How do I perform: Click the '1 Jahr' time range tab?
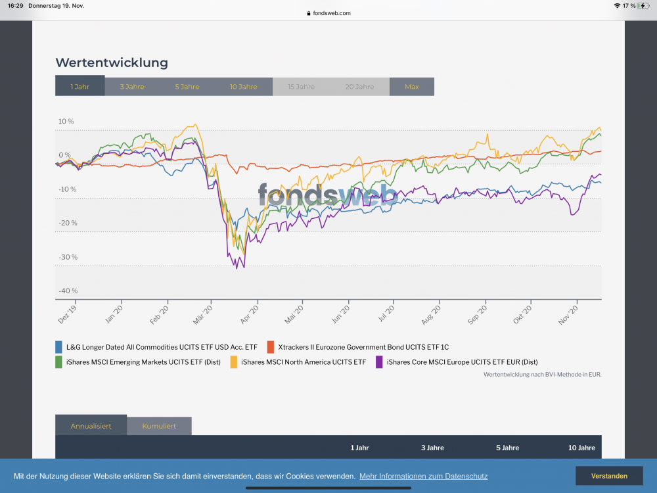(80, 87)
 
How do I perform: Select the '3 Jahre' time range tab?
(132, 87)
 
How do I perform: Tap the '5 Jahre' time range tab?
(187, 87)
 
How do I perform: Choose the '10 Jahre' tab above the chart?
(244, 87)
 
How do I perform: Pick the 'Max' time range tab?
(412, 87)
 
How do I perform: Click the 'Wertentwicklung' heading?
(112, 63)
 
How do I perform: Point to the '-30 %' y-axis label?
(68, 257)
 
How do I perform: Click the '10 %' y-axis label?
(66, 122)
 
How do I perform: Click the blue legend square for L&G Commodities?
(59, 346)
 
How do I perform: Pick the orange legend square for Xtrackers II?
(271, 346)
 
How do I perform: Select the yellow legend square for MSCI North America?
(234, 362)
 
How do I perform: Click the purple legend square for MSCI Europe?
(379, 362)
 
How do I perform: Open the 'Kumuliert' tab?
(159, 426)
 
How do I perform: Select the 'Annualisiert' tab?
(91, 426)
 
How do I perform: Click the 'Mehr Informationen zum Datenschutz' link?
(423, 476)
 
